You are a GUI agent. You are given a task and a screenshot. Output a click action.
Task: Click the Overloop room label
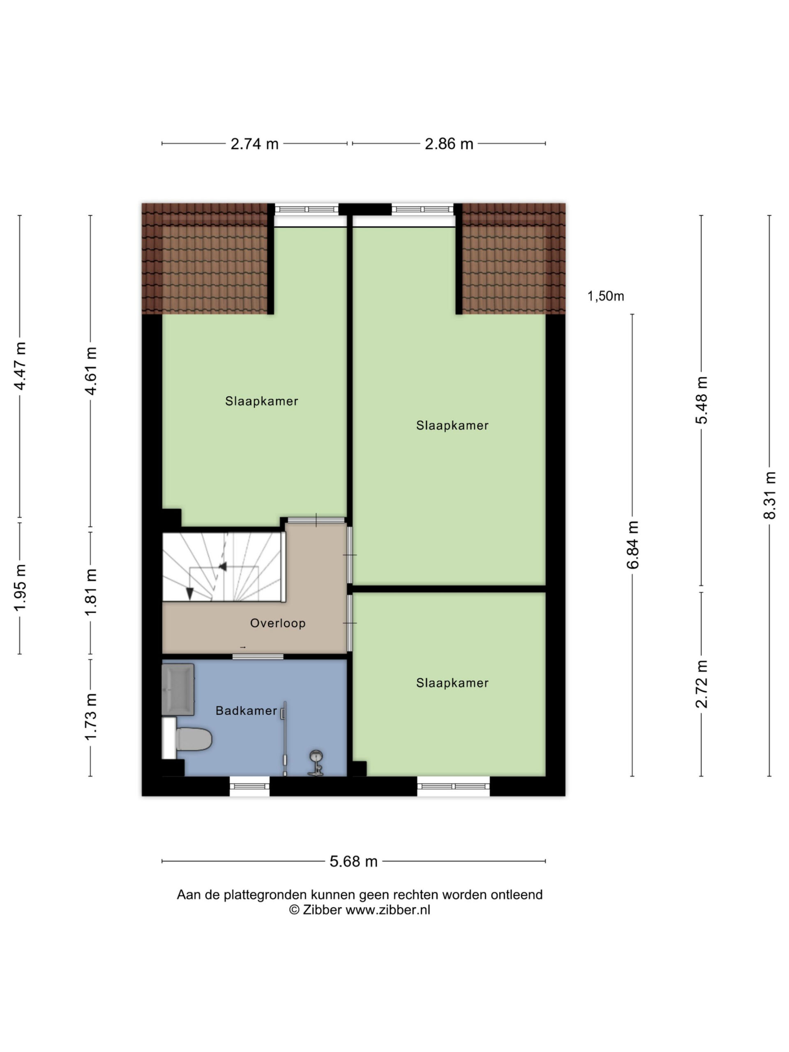[278, 623]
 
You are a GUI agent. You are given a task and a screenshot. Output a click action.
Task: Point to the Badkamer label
[246, 711]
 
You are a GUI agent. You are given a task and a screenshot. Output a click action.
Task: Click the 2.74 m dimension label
[254, 144]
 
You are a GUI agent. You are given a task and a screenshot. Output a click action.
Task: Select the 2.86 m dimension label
[449, 144]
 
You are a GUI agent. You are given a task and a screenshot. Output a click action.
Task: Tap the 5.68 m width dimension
[353, 861]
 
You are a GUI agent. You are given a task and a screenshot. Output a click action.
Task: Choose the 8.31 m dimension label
[770, 495]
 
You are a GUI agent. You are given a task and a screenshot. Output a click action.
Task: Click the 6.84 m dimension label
[632, 544]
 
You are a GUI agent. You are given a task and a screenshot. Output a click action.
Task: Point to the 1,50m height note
[605, 296]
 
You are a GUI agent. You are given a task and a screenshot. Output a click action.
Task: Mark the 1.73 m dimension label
[90, 717]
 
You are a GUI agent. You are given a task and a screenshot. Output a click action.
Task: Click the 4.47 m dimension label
[20, 366]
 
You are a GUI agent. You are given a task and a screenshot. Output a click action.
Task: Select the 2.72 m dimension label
[701, 684]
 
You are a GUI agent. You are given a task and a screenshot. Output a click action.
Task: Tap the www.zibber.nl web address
[388, 910]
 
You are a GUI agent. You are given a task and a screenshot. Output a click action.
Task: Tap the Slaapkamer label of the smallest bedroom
[452, 683]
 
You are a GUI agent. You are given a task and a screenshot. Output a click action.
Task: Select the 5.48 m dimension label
[701, 400]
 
